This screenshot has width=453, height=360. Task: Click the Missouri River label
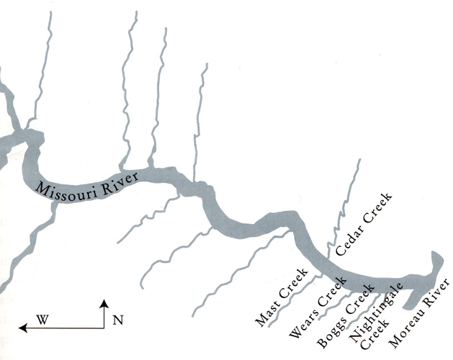click(87, 187)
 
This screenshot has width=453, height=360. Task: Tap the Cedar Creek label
click(364, 224)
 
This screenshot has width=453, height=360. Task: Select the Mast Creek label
click(282, 297)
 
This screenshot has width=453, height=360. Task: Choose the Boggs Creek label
click(345, 315)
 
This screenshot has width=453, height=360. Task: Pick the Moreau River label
click(419, 312)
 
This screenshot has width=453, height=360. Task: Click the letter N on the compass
click(117, 320)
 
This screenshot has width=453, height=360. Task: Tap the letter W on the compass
click(42, 320)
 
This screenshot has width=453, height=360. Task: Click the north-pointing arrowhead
click(104, 303)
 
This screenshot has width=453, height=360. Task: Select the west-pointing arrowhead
click(23, 328)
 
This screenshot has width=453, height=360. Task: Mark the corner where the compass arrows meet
click(104, 328)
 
